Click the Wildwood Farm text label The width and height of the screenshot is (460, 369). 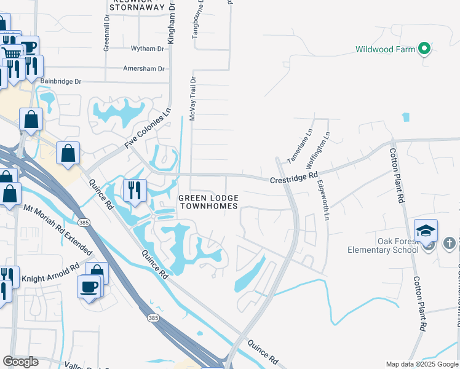point(386,49)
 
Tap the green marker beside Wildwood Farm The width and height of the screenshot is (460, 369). point(424,48)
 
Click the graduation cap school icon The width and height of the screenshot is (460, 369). point(426,231)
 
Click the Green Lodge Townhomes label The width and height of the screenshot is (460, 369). point(208,202)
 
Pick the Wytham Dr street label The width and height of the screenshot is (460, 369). point(148,49)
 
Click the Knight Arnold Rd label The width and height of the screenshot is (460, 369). point(51,274)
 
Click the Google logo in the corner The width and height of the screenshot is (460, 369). point(20,361)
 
